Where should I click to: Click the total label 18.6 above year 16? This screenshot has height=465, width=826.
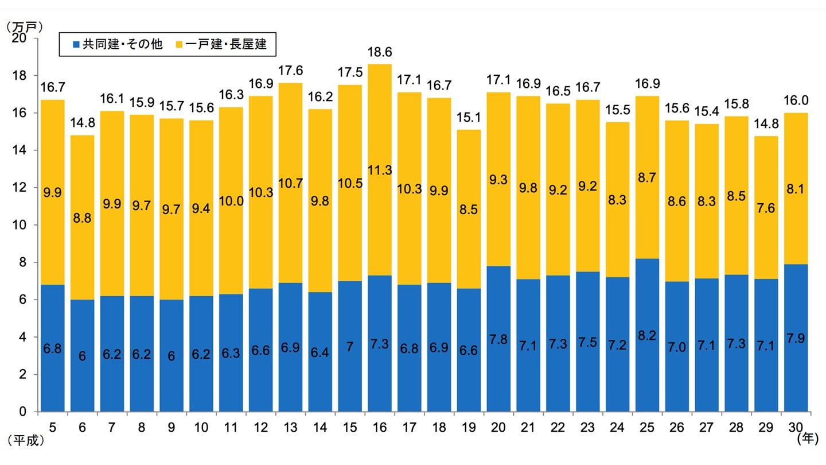[x=380, y=52]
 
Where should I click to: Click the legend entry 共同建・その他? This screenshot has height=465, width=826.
[x=117, y=44]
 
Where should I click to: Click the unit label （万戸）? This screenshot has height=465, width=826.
[x=24, y=26]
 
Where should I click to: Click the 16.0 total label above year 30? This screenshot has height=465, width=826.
[x=797, y=101]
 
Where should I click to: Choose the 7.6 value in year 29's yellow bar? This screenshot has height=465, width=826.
[x=767, y=208]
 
